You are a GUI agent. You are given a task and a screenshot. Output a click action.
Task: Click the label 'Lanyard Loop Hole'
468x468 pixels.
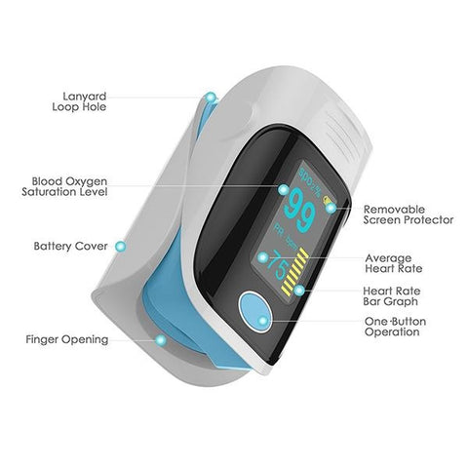click(x=79, y=101)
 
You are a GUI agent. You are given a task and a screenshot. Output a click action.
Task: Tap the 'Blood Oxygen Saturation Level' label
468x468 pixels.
click(x=64, y=186)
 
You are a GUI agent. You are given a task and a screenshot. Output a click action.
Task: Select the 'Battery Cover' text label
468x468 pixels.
click(x=70, y=246)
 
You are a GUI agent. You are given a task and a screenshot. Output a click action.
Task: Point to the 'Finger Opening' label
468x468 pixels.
click(x=67, y=339)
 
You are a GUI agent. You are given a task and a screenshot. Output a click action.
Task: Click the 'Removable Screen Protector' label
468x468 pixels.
click(x=409, y=214)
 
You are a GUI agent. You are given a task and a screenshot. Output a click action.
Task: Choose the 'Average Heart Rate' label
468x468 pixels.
click(x=394, y=263)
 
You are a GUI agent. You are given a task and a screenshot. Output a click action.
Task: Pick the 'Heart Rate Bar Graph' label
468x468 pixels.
click(x=392, y=296)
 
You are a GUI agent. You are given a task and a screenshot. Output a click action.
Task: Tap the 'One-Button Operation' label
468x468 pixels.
click(x=395, y=327)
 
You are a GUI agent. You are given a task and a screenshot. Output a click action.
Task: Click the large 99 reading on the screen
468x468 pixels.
click(x=299, y=212)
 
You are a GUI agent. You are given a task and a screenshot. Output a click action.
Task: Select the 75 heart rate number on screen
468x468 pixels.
click(x=278, y=265)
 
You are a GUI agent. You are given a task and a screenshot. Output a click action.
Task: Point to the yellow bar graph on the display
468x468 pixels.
click(x=295, y=272)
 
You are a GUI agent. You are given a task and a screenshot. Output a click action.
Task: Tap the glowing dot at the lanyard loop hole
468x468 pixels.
click(x=211, y=97)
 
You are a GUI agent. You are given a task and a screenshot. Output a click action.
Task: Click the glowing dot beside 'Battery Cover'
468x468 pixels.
click(x=121, y=247)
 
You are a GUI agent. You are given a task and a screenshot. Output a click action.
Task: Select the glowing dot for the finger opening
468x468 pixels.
click(x=160, y=340)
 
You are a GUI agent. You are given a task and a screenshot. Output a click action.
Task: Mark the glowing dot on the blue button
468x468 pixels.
click(x=263, y=321)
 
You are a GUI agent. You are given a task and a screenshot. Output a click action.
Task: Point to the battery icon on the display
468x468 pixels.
click(x=327, y=201)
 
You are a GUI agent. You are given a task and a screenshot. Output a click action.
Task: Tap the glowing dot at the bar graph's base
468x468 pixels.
click(x=299, y=291)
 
